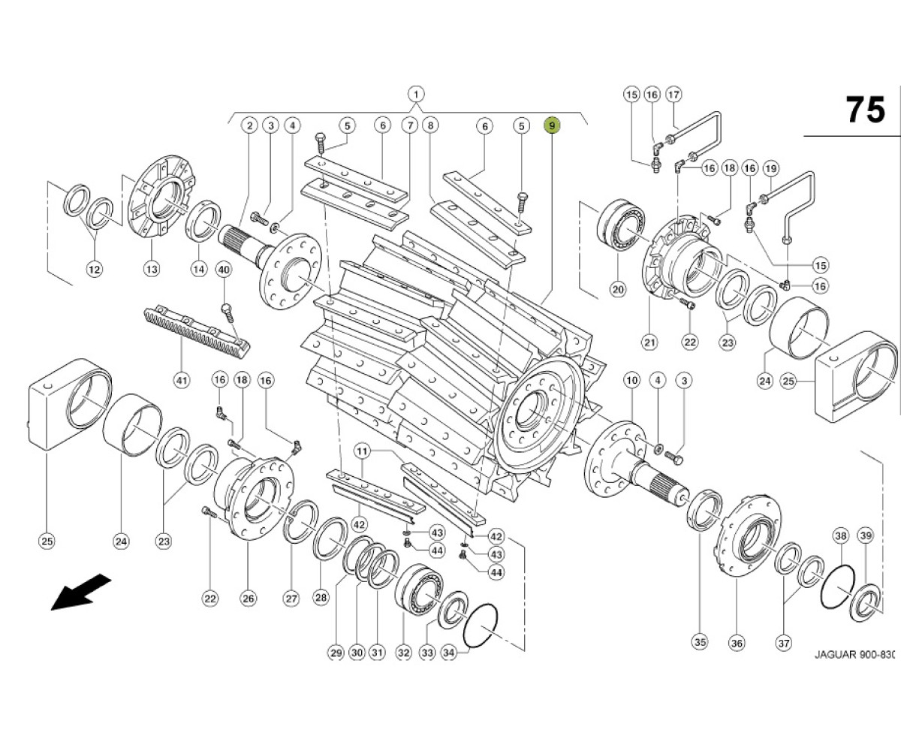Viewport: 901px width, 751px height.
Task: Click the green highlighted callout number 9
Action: click(552, 125)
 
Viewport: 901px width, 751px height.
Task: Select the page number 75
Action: click(865, 110)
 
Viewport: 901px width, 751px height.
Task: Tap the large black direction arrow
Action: click(81, 592)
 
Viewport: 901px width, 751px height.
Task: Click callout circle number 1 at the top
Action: click(416, 94)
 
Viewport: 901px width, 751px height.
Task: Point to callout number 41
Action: click(182, 380)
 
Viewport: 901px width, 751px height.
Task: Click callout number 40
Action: click(223, 270)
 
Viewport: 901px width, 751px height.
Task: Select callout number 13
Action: click(152, 270)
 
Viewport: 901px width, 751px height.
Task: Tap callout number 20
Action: click(619, 288)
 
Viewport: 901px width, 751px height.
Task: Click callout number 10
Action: click(631, 380)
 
